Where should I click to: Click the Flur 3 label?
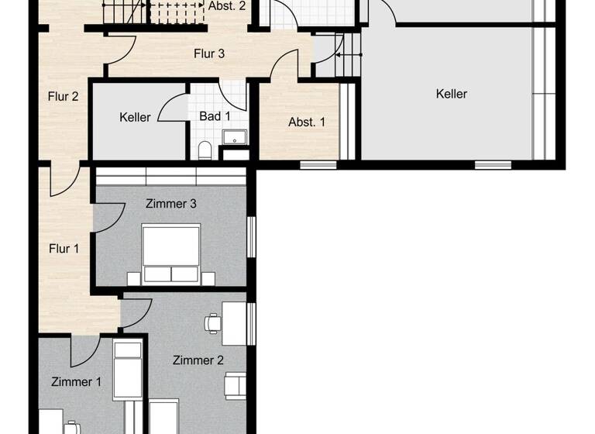pyautogui.click(x=208, y=53)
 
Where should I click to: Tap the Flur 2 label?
pyautogui.click(x=64, y=97)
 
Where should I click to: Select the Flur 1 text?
pyautogui.click(x=64, y=249)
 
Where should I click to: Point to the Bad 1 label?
pyautogui.click(x=215, y=116)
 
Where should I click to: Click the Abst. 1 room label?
pyautogui.click(x=307, y=122)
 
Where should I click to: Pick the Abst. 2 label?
pyautogui.click(x=227, y=5)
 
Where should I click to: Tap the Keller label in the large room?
pyautogui.click(x=452, y=94)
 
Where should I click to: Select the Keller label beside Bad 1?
pyautogui.click(x=135, y=118)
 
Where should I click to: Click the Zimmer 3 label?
pyautogui.click(x=170, y=204)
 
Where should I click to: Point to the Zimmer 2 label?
pyautogui.click(x=198, y=360)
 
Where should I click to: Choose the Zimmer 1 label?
pyautogui.click(x=76, y=381)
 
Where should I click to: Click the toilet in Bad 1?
pyautogui.click(x=205, y=150)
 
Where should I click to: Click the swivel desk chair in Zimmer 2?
pyautogui.click(x=212, y=322)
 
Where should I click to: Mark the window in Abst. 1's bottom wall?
pyautogui.click(x=318, y=164)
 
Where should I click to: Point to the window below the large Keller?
pyautogui.click(x=493, y=164)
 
